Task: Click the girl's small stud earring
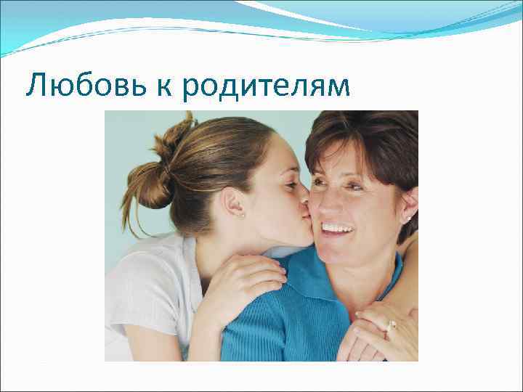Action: coord(242,214)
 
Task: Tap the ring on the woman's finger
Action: coord(392,325)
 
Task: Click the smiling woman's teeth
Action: coord(336,227)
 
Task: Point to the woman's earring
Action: coord(408,218)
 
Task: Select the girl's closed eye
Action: coord(289,186)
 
